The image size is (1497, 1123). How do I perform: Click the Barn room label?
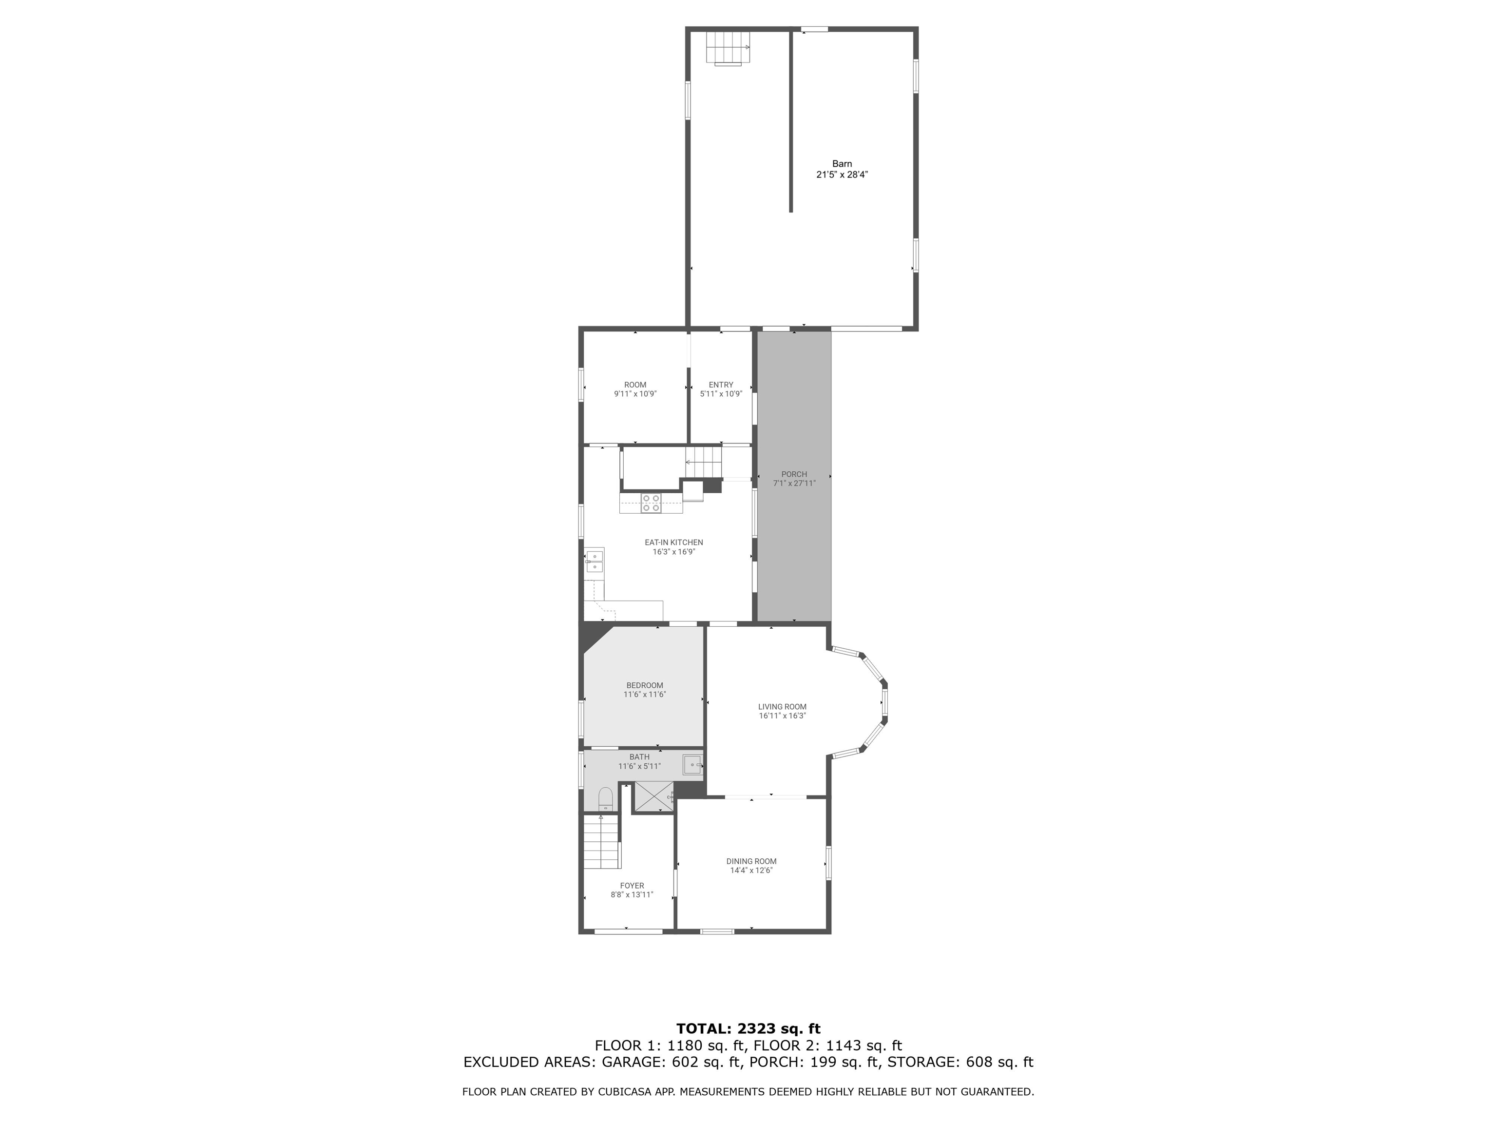pos(842,164)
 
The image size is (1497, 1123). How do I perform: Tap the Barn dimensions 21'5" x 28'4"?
pos(842,174)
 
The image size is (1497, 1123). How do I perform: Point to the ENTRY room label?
pos(721,385)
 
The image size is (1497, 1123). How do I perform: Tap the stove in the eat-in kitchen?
pos(651,503)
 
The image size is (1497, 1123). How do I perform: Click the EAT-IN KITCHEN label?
pos(673,542)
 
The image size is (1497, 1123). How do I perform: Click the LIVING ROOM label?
pos(782,707)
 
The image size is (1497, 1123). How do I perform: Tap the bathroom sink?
pos(692,765)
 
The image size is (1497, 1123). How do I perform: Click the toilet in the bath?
pos(606,800)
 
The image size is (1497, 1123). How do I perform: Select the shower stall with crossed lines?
pos(653,797)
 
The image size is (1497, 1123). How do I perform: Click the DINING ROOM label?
pos(751,862)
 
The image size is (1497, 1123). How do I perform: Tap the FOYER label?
pos(632,886)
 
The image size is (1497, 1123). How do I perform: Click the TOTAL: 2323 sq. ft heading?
pos(748,1029)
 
